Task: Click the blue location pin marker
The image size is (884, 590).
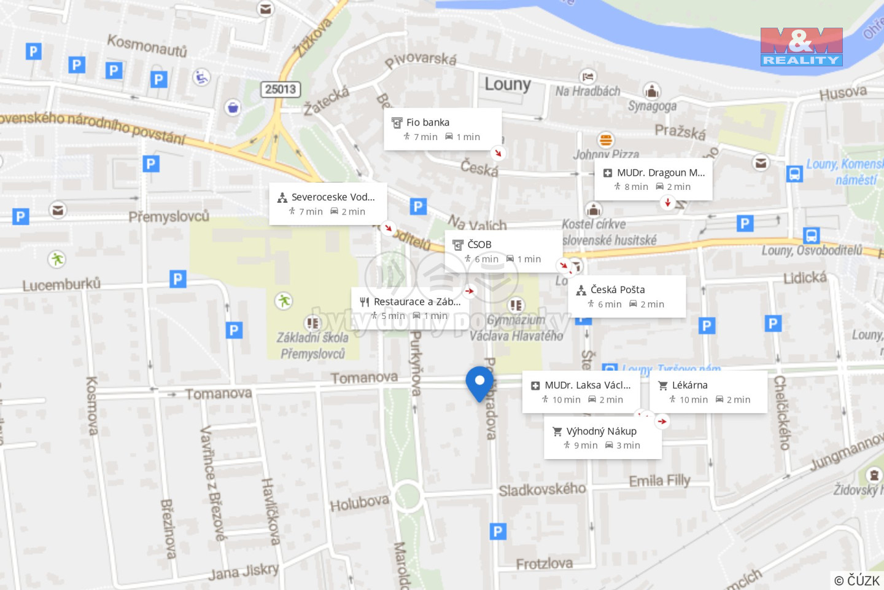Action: coord(479,382)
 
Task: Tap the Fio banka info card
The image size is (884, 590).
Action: coord(442,129)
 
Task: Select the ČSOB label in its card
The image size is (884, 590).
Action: coord(479,245)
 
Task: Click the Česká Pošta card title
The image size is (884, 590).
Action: coord(618,289)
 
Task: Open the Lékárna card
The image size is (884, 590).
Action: coord(708,391)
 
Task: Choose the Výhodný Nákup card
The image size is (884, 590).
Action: coord(602,438)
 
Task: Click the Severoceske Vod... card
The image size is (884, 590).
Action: coord(328,203)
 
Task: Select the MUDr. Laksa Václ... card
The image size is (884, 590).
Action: coord(581,391)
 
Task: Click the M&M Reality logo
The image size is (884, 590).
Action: coord(801,47)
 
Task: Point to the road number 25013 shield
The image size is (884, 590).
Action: coord(281,89)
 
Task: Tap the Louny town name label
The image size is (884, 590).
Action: coord(507,84)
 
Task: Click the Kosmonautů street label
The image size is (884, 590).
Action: coord(147,45)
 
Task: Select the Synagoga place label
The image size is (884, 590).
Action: coord(651,106)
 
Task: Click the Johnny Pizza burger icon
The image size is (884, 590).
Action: coord(606,140)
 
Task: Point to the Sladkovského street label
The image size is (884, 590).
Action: coord(542,490)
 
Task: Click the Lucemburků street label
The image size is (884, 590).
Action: coord(61,285)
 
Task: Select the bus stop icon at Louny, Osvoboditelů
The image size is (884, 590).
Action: coord(811,235)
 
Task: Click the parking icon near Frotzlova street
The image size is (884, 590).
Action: coord(498,531)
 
